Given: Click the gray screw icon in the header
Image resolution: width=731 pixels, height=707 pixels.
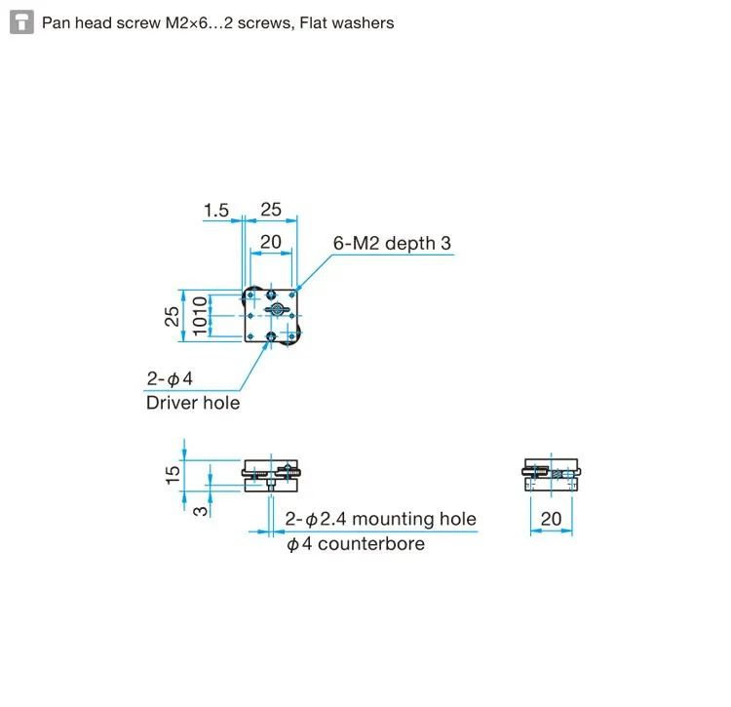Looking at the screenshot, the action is point(21,22).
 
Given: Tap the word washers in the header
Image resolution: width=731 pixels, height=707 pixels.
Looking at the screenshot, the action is point(365,22).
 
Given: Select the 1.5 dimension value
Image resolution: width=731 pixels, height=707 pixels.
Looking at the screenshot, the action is point(215,211).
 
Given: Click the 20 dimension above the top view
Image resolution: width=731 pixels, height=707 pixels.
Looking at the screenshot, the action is point(270,243).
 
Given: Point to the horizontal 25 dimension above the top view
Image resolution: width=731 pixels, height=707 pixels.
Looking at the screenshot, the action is point(271,210).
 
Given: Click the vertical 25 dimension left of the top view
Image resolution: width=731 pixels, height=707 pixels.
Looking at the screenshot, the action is point(172,316).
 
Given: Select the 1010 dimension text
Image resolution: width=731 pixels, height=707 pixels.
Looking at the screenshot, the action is point(200,316).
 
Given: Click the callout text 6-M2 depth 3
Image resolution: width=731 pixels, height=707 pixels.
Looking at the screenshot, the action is point(392,243).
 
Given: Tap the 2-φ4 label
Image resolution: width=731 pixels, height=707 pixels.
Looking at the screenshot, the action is point(170,378).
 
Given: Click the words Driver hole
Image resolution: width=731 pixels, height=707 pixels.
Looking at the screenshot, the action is point(193,403).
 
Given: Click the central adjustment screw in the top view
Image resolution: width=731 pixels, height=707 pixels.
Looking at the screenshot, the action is point(277,309).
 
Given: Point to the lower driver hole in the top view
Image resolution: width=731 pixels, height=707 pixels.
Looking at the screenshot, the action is point(271,335).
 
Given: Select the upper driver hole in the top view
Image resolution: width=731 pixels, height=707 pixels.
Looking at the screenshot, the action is point(271,295).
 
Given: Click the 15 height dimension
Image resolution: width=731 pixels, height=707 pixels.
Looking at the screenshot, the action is point(173,475).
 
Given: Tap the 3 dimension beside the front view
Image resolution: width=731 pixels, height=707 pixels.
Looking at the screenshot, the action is point(200,511).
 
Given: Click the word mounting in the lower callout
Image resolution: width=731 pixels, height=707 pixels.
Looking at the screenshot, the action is point(393,519).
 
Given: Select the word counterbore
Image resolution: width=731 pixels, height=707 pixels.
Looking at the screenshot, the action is point(371,544).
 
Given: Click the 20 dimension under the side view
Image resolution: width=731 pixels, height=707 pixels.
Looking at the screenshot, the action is point(551,519).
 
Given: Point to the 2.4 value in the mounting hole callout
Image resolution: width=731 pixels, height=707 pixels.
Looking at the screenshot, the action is point(333,519).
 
